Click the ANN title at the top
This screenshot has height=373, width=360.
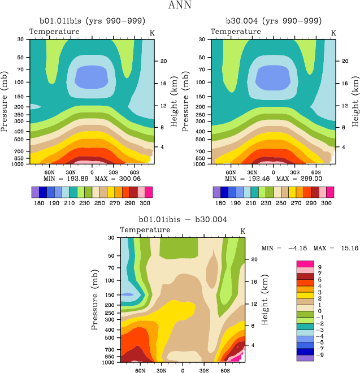180,6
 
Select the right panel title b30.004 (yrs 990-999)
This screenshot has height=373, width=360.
274,21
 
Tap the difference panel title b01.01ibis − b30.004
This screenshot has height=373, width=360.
183,219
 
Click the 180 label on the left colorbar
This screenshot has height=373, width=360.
40,202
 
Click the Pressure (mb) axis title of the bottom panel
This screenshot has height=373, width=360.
94,295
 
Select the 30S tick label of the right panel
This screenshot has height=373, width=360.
294,171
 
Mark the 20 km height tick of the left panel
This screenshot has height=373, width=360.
162,61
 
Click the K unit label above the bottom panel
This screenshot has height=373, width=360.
243,231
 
